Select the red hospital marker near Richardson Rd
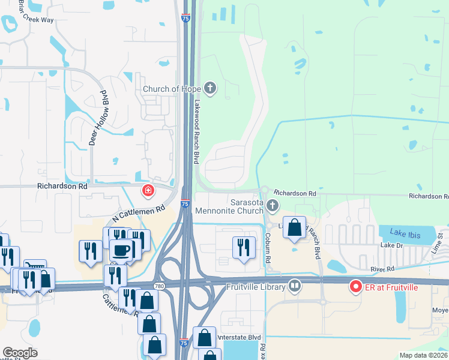click(x=147, y=191)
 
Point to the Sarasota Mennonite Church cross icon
click(x=273, y=206)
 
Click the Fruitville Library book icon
click(x=294, y=286)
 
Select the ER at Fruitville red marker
click(x=355, y=287)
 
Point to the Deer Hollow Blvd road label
click(x=96, y=118)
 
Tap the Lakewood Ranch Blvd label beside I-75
click(x=196, y=131)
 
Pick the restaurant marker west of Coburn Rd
click(x=243, y=246)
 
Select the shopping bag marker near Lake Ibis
click(x=294, y=228)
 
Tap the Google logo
click(x=20, y=352)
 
